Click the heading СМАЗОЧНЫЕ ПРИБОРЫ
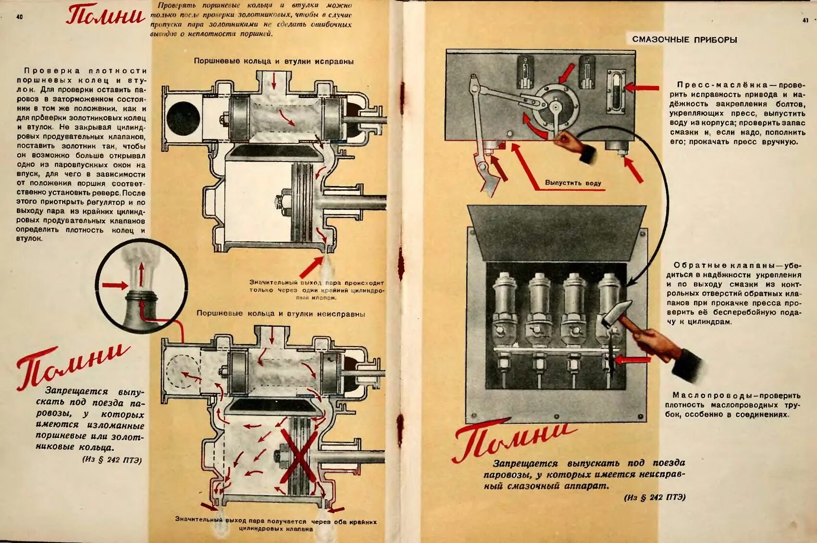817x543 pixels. (684, 39)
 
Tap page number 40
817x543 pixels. (20, 17)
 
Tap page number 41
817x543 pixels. (805, 20)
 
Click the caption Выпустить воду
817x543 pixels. (573, 183)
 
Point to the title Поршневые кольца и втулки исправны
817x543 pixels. (273, 62)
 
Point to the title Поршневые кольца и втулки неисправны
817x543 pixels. (281, 314)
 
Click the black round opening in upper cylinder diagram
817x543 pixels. (183, 118)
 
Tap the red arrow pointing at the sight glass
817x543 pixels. (641, 88)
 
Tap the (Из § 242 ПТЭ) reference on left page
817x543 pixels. (112, 460)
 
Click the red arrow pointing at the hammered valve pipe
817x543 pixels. (632, 359)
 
